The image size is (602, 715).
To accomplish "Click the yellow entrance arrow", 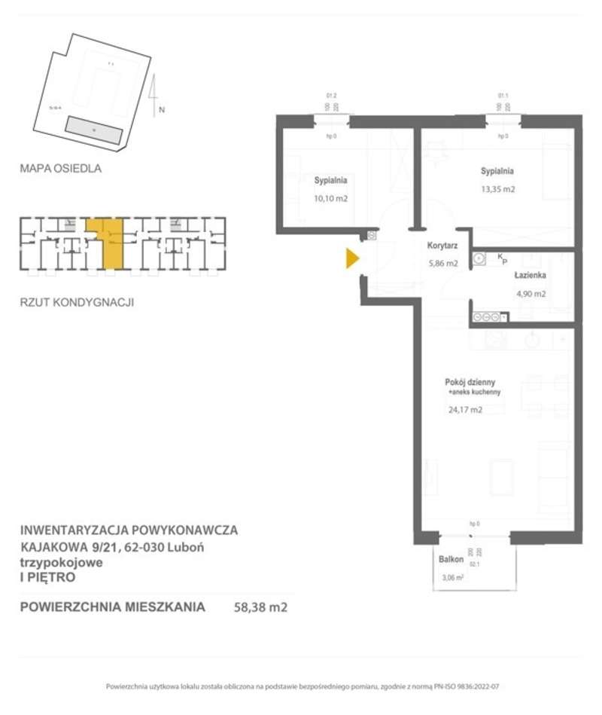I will pos(351,259).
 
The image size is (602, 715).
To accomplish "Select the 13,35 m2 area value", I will pos(498,189).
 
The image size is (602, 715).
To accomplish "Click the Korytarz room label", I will pos(442,246).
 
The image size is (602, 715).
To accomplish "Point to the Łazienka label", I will pos(530,277).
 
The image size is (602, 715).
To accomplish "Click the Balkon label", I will pos(451,561).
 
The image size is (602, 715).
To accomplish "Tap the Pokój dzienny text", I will pos(470,383).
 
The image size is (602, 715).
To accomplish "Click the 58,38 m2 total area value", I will pos(261,606).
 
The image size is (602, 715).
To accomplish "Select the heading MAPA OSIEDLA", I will pos(60,169).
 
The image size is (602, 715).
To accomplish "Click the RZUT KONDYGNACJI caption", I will pos(77,303).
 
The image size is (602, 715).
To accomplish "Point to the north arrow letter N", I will pos(162,110).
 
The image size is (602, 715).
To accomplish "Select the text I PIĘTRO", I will pos(47,578).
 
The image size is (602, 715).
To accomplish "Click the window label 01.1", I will pos(503,96).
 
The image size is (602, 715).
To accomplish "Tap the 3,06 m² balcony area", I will pos(452,578).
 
